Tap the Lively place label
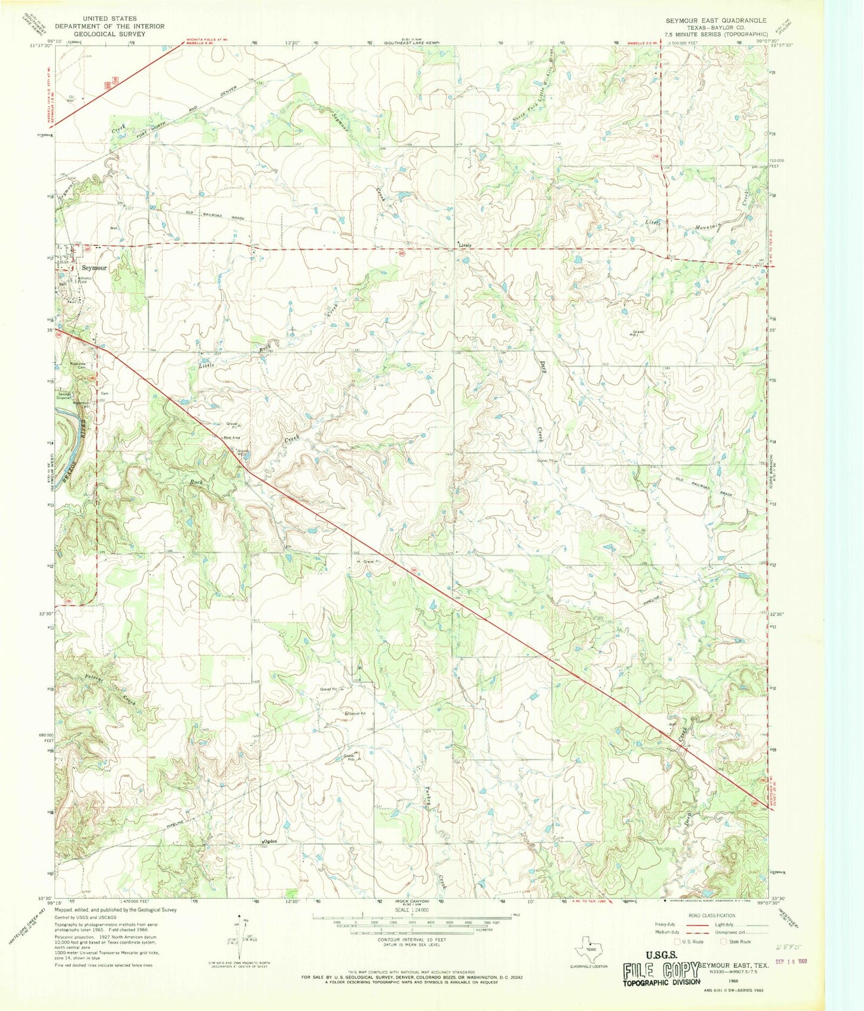tap(465, 245)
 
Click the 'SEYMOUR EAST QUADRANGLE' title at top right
tap(716, 20)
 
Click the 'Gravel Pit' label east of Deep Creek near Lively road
tap(639, 333)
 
